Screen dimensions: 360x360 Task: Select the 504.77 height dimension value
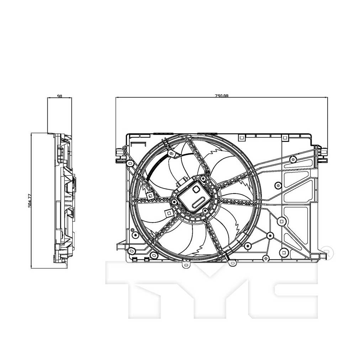30,201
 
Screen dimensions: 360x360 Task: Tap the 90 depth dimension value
59,96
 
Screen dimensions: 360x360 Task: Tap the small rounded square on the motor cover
196,189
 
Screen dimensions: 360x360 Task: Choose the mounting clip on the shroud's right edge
323,154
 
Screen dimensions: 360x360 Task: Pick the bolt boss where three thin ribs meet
270,235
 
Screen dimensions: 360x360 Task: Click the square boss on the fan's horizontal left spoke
150,196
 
